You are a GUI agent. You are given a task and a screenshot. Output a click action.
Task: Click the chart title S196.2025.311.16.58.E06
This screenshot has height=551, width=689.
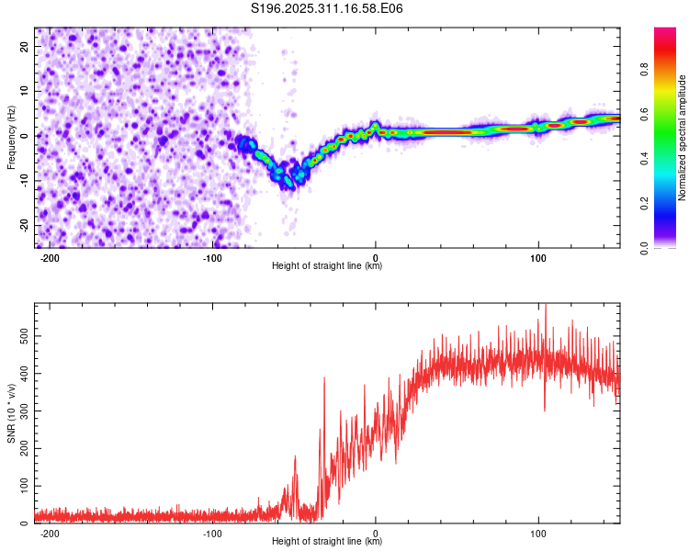(x=327, y=8)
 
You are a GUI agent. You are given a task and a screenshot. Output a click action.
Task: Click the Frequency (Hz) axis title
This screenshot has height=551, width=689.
(x=11, y=138)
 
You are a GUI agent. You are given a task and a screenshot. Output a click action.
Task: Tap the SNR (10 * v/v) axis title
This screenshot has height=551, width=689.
(x=11, y=412)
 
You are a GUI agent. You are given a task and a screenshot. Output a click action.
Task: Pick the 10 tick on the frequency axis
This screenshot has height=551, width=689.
(x=26, y=91)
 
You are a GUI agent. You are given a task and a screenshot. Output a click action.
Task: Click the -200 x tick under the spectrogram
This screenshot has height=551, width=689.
(x=50, y=258)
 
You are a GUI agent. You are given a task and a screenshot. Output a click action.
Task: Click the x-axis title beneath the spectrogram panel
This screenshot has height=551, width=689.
(x=327, y=266)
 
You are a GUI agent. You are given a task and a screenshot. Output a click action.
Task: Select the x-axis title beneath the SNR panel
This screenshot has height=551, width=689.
(x=327, y=542)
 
